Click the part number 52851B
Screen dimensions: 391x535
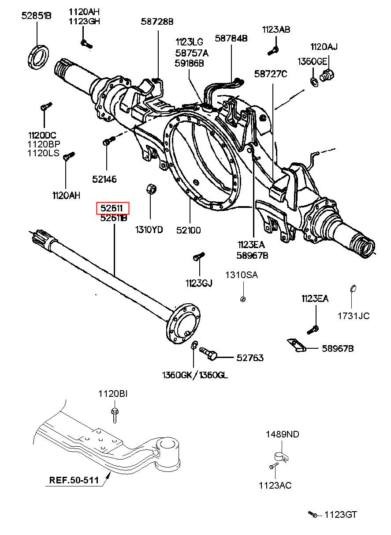tap(36, 16)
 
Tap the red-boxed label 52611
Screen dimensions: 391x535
tap(112, 208)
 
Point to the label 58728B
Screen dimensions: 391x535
tap(157, 22)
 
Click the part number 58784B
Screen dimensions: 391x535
tap(231, 38)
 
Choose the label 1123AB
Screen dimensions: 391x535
tap(276, 30)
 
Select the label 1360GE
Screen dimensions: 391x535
tap(312, 62)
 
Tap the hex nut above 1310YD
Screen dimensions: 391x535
tap(151, 188)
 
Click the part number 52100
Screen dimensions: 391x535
tap(189, 230)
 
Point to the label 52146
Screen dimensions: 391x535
tap(104, 179)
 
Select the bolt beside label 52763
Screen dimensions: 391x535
tap(208, 354)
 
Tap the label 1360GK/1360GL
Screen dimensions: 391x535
tap(195, 375)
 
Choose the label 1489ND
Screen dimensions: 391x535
tap(282, 434)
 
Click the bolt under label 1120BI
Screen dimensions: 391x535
tap(115, 415)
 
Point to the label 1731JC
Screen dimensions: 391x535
tap(354, 316)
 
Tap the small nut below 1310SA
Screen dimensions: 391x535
tap(242, 299)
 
